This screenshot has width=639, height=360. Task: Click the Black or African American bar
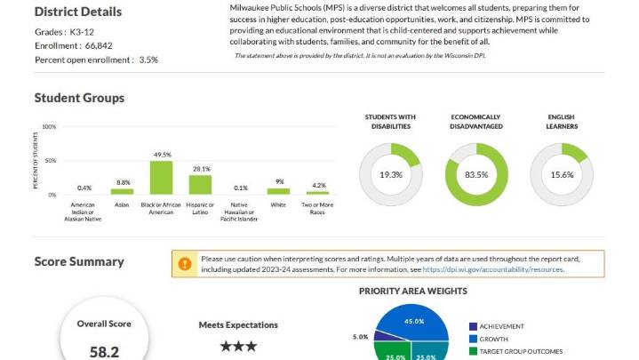click(x=161, y=177)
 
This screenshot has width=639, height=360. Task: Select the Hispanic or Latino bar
click(x=201, y=184)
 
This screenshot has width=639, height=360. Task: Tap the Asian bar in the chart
click(x=122, y=191)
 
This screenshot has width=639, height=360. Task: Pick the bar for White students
click(x=279, y=191)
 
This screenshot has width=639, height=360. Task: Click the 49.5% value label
click(x=161, y=155)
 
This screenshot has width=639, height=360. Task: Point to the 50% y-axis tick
click(x=50, y=161)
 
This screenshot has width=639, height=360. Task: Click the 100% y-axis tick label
click(x=49, y=127)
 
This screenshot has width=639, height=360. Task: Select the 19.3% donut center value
click(x=391, y=175)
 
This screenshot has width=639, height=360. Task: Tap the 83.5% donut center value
click(x=476, y=175)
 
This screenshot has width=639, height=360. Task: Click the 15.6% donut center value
click(x=562, y=175)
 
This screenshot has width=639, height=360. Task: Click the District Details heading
click(x=78, y=12)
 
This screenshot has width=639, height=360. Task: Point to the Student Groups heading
click(x=79, y=98)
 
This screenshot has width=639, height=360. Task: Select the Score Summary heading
click(x=79, y=261)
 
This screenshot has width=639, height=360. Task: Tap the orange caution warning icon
click(x=185, y=264)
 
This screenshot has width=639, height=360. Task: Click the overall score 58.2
click(x=104, y=352)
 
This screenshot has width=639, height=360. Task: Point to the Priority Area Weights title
click(x=412, y=291)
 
